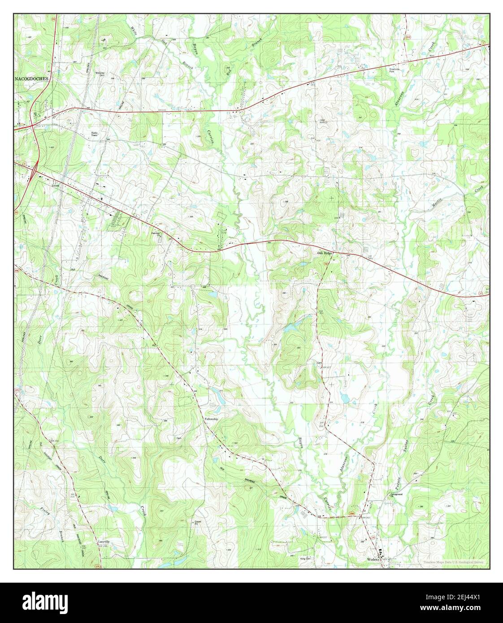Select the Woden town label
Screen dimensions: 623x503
click(x=373, y=560)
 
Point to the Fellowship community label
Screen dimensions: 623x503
click(x=211, y=419)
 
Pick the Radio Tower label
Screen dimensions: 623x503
click(x=95, y=134)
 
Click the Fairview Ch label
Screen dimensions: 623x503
click(x=156, y=234)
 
